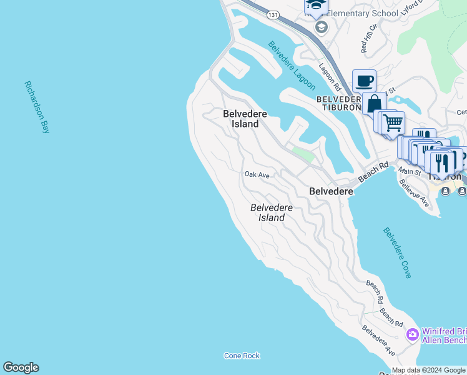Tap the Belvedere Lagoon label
(x=292, y=65)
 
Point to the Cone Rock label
(x=242, y=356)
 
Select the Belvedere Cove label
(x=397, y=252)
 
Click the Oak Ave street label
(x=257, y=175)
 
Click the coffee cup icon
(x=364, y=81)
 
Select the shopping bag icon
(x=375, y=104)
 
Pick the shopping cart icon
(x=392, y=123)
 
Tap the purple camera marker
(x=412, y=335)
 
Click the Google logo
(x=21, y=367)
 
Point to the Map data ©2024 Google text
(x=428, y=370)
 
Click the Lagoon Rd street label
(x=328, y=76)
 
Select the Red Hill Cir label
(x=369, y=38)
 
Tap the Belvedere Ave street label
(x=378, y=341)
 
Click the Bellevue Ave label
(x=414, y=193)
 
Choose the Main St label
(x=410, y=171)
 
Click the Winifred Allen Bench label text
(x=444, y=336)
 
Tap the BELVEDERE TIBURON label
(x=339, y=103)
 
